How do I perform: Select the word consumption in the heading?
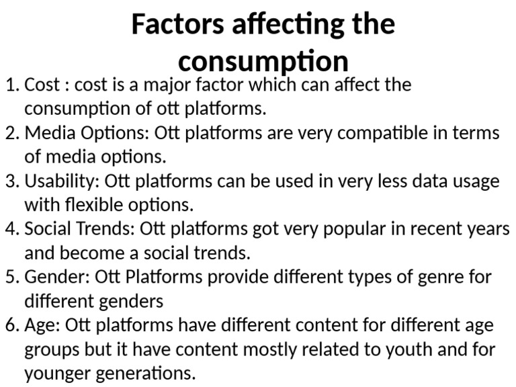pos(263,62)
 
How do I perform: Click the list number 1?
pos(10,85)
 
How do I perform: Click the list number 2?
pos(10,133)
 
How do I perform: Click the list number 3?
pos(10,181)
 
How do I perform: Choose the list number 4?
pos(10,229)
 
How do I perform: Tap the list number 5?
pos(10,277)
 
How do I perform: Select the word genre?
pos(418,277)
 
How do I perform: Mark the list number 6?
pos(10,326)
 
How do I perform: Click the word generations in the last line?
pos(142,373)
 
